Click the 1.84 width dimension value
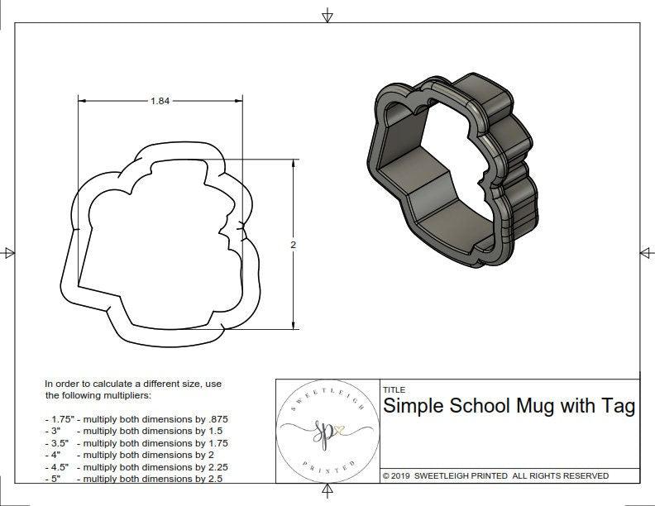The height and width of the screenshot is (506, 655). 160,101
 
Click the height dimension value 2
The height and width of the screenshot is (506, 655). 294,245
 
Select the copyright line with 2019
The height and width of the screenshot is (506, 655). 495,476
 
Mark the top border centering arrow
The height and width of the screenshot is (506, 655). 327,16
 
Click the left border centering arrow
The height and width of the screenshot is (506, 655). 9,253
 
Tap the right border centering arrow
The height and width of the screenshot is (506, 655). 645,253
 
